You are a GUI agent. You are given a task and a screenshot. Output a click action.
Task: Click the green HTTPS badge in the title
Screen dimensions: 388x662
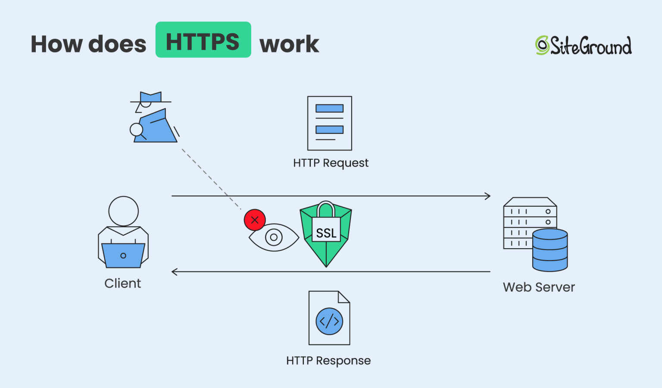click(x=203, y=40)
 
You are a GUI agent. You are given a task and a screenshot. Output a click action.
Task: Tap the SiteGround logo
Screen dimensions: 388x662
click(x=583, y=45)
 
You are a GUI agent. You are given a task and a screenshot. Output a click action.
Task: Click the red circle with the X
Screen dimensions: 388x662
click(x=255, y=220)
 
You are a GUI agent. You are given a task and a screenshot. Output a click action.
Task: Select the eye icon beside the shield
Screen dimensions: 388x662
click(x=274, y=237)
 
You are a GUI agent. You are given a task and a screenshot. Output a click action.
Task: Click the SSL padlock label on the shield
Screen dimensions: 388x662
click(x=326, y=233)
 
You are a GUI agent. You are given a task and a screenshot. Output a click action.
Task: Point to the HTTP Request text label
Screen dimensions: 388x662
click(x=331, y=163)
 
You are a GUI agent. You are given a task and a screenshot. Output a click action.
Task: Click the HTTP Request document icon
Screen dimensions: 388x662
click(x=329, y=123)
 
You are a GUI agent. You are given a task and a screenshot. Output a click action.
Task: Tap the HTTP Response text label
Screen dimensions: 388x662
click(x=328, y=361)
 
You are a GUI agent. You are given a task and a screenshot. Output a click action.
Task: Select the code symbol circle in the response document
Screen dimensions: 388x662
click(x=329, y=321)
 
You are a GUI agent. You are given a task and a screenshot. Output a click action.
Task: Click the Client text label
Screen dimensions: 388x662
click(x=122, y=284)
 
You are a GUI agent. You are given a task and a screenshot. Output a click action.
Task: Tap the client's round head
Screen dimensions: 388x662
click(x=123, y=211)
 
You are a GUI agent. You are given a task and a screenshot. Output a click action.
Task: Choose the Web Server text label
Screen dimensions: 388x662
click(x=539, y=287)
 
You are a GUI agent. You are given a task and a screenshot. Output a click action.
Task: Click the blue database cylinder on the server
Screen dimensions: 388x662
click(x=550, y=250)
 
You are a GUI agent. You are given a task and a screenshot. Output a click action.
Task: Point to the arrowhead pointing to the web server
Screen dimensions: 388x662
click(x=487, y=196)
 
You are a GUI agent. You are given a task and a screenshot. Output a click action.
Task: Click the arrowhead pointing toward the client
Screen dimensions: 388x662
click(x=175, y=271)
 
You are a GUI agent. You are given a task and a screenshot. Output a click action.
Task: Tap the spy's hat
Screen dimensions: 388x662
click(x=151, y=98)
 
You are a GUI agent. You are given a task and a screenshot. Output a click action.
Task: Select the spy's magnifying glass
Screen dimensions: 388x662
click(x=137, y=129)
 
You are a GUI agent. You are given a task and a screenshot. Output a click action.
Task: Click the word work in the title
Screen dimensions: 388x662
click(x=289, y=44)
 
